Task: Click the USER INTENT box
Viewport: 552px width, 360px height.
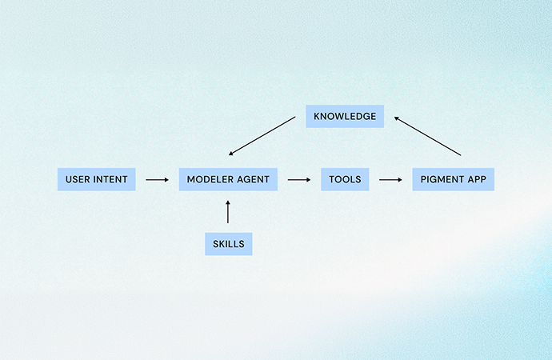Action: [x=97, y=179]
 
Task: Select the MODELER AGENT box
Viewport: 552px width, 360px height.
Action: [x=228, y=179]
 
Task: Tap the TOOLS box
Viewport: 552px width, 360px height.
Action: [x=345, y=179]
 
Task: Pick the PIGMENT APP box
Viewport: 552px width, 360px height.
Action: [x=454, y=179]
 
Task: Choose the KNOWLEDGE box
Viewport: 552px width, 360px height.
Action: [x=345, y=116]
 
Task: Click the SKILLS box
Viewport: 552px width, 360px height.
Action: [x=228, y=244]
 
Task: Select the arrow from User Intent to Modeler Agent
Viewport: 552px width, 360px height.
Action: [x=157, y=180]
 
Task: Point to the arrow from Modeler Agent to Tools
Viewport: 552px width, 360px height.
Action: [x=298, y=180]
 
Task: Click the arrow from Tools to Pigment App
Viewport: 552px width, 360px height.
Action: [x=390, y=180]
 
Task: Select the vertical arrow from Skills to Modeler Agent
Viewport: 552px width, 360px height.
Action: [x=228, y=212]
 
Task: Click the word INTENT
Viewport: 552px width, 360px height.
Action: [x=110, y=179]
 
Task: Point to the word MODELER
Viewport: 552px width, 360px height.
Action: [x=210, y=179]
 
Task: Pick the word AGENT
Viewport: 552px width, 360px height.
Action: [x=253, y=179]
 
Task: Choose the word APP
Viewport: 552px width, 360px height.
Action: [x=478, y=179]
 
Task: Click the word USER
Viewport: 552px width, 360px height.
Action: [x=78, y=179]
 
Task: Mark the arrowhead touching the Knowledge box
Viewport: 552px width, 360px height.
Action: [x=397, y=118]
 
